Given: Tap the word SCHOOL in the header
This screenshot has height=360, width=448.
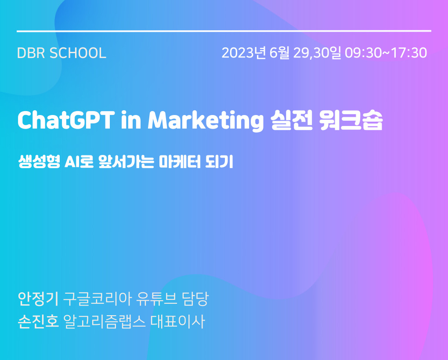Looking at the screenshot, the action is tap(78, 53).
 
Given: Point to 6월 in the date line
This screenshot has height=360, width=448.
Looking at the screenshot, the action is tap(279, 53).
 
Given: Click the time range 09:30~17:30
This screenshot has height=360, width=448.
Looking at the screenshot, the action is tap(386, 53).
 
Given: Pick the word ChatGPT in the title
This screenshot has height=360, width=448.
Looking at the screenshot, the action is tap(66, 120).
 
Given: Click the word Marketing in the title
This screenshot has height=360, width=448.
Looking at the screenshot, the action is tap(206, 121).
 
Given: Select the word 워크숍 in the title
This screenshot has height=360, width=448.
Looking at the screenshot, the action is tap(351, 120).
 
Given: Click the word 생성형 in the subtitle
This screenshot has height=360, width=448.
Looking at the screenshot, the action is tap(39, 161).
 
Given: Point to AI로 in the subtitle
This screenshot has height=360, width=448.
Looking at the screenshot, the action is tap(79, 161).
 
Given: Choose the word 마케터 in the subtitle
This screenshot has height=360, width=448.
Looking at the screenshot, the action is tap(180, 161).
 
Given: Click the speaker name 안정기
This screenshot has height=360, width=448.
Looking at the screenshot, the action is tap(38, 299).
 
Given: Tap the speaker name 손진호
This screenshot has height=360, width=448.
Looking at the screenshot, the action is tap(38, 321).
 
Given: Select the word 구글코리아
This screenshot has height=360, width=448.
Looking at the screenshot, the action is tap(97, 299).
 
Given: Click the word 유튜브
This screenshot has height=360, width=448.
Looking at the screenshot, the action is tap(156, 299).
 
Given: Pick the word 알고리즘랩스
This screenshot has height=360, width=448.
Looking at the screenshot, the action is tap(104, 321).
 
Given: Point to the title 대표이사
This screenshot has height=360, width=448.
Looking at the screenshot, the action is tap(178, 321).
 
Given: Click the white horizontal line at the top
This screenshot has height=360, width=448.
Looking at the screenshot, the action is tap(224, 31).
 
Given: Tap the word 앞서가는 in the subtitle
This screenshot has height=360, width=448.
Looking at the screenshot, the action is tap(126, 161).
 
